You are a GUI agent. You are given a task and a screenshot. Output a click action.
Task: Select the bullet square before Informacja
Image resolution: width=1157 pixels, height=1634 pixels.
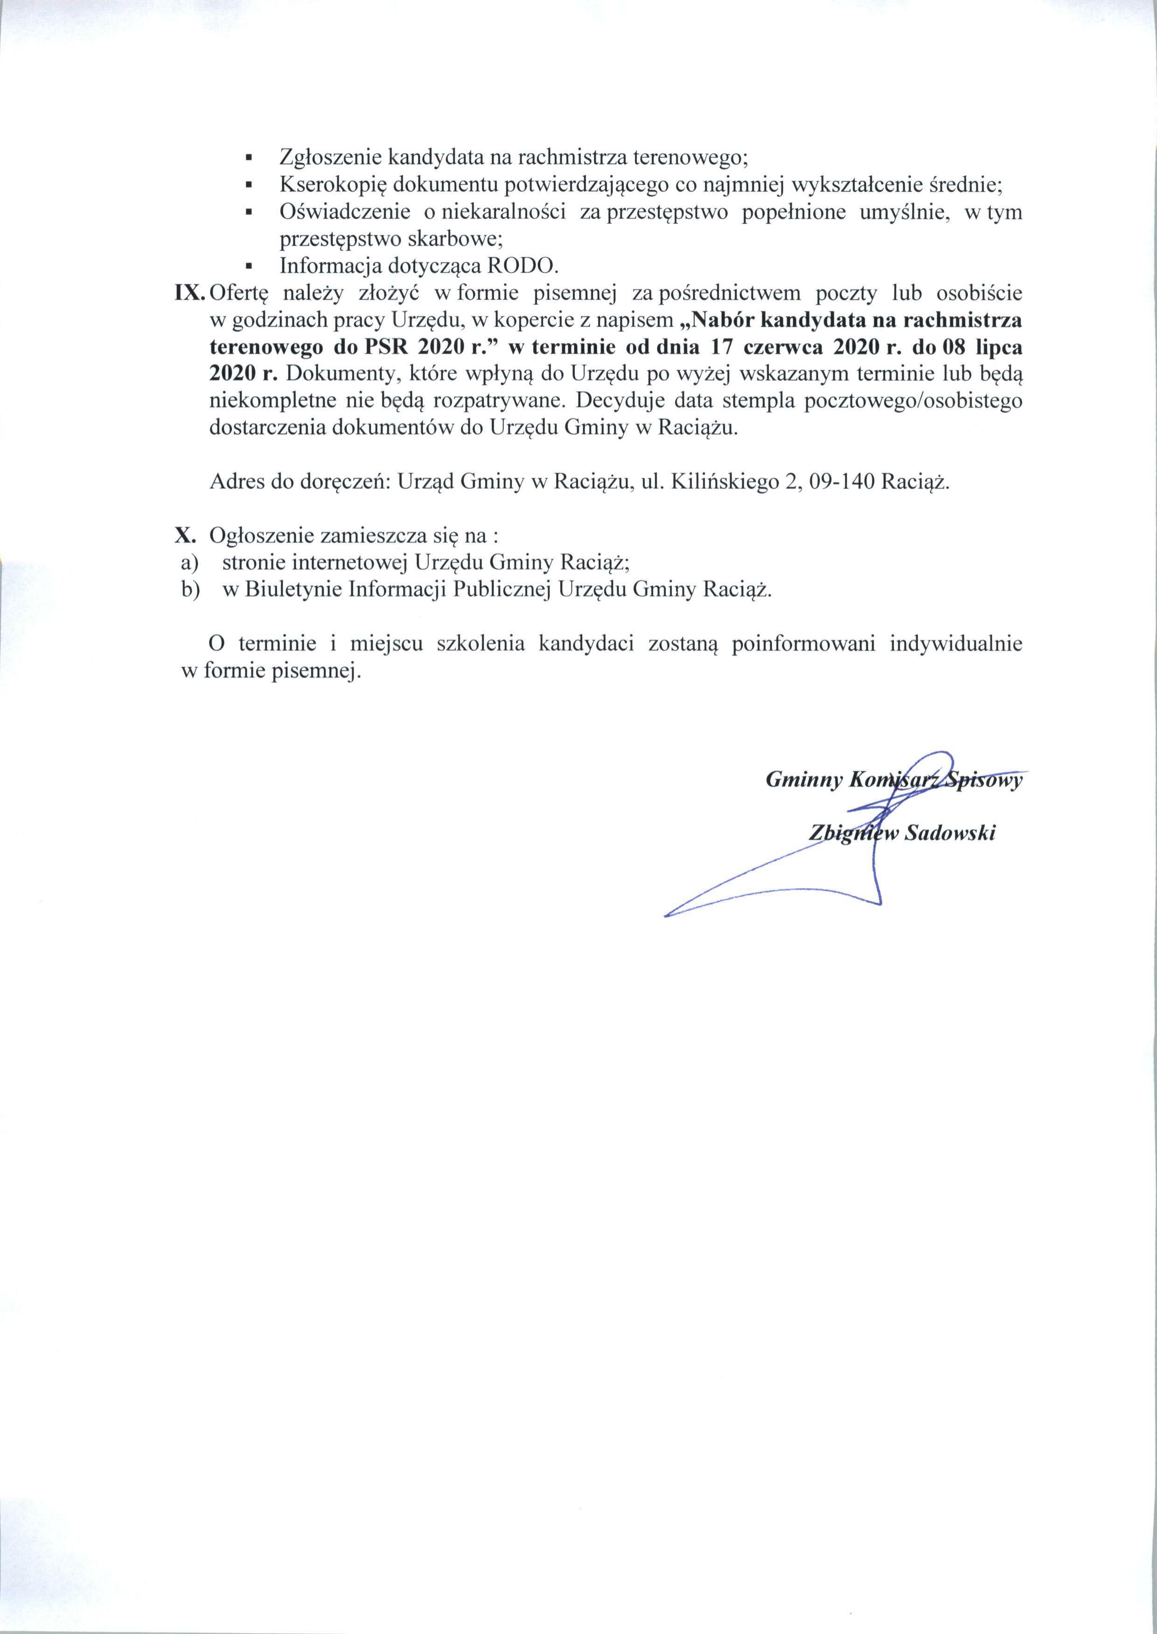pyautogui.click(x=249, y=266)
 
